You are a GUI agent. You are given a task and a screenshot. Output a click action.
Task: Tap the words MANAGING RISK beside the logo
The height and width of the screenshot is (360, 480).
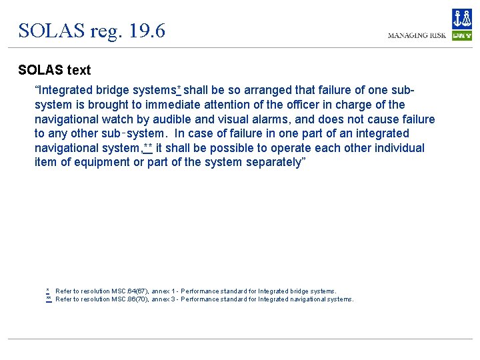coord(417,35)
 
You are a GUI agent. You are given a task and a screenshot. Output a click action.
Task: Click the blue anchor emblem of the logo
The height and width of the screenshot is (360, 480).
coord(461,19)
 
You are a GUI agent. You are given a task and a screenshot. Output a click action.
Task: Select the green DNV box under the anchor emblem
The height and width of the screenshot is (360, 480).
coord(461,35)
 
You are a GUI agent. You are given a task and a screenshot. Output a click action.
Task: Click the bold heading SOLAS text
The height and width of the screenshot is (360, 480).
coord(55,70)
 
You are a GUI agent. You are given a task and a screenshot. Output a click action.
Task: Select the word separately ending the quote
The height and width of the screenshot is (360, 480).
coord(274,162)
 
